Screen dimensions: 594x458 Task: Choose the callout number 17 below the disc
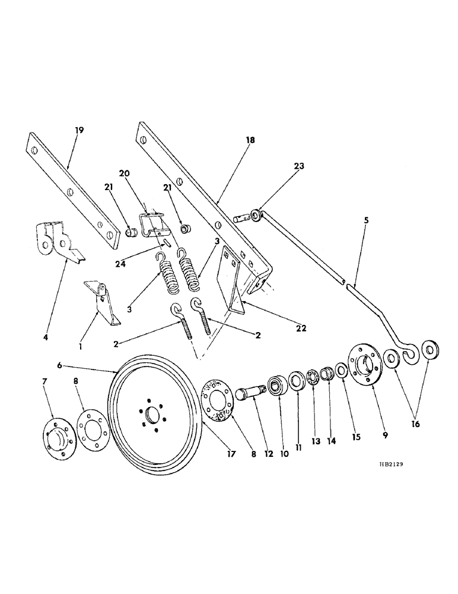coord(231,454)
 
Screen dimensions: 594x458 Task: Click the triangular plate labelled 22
coord(233,279)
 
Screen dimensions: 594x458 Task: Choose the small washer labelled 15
coord(341,370)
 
